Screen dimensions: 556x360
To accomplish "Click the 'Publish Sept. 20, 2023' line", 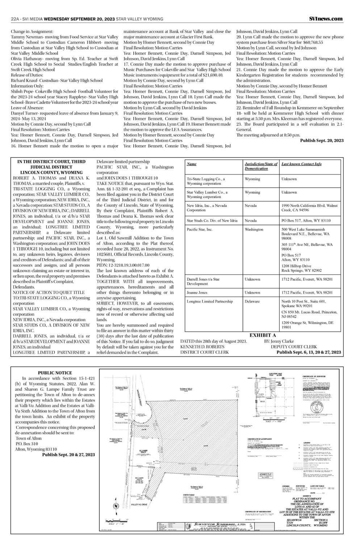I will click(322, 140).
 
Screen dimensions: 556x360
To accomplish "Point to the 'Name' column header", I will click(192, 164).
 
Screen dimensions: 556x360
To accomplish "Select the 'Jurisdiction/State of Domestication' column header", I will click(261, 166).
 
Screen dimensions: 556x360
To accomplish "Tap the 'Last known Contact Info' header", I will click(301, 164).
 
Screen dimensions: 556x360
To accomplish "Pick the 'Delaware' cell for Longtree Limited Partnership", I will click(252, 301).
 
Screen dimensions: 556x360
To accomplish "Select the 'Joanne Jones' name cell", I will click(197, 292).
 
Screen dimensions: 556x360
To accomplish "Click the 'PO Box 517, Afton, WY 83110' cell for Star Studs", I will click(306, 220).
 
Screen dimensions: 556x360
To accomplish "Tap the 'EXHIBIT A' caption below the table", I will click(263, 335).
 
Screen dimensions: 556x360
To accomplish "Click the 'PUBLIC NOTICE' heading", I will click(55, 373).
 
